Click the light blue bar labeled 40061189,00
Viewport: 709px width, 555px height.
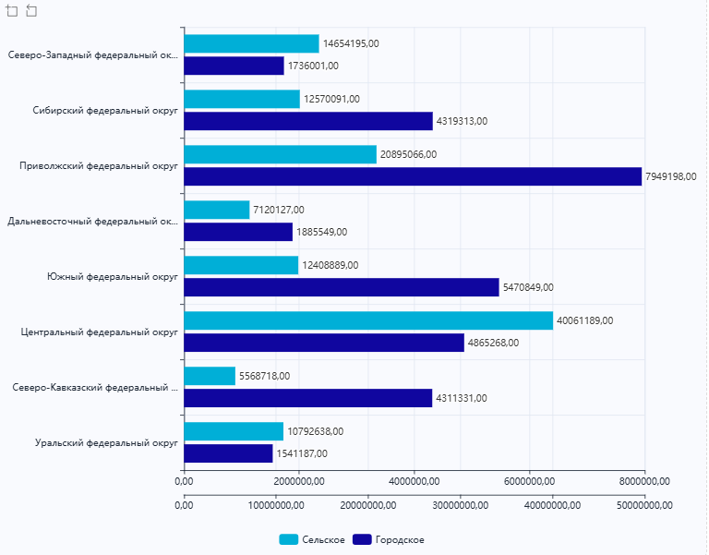[x=368, y=320]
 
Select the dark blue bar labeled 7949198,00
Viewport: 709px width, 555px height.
[x=413, y=176]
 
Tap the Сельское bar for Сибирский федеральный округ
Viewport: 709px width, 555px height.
[x=242, y=99]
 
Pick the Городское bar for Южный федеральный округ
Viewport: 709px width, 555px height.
[x=342, y=287]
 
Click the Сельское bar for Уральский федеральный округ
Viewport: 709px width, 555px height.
[x=234, y=431]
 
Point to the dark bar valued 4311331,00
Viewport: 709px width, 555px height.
[x=308, y=398]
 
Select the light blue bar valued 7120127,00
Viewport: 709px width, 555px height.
[x=217, y=210]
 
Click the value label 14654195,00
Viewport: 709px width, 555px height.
[x=351, y=43]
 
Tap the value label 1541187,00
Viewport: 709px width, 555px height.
[x=302, y=453]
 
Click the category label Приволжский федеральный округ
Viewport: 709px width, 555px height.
[x=99, y=166]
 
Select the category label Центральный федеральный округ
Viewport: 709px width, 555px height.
[x=99, y=332]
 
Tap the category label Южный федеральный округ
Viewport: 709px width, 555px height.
[x=112, y=277]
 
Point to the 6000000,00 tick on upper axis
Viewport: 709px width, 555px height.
[x=530, y=480]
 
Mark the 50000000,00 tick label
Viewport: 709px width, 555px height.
[x=644, y=504]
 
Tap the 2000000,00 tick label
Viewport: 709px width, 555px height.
[x=299, y=480]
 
